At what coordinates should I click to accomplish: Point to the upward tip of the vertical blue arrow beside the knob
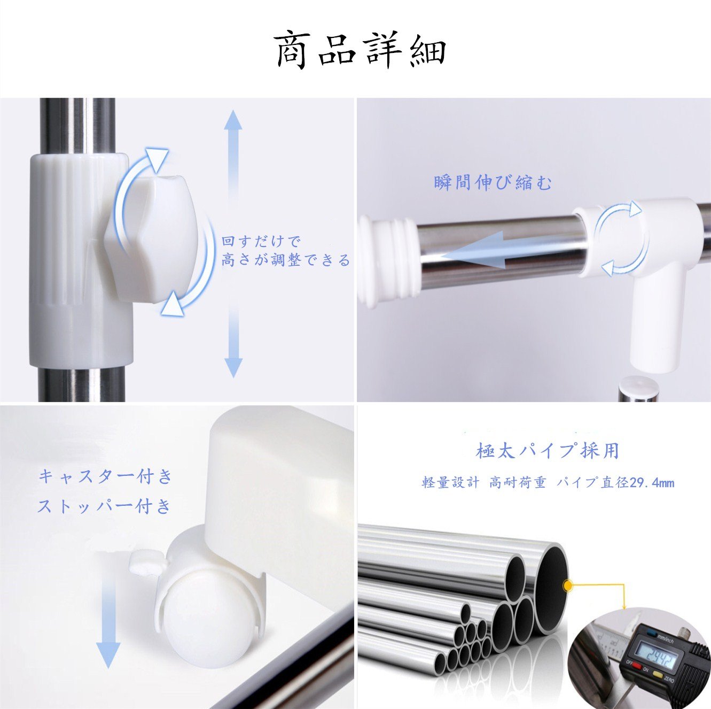click(233, 110)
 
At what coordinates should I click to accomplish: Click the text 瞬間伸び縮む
click(493, 183)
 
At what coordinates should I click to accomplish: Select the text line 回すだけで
click(261, 242)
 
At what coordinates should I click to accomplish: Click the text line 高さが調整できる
click(285, 260)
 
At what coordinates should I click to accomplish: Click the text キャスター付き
click(106, 477)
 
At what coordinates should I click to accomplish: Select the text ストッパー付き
click(104, 506)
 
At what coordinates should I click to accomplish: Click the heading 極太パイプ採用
click(547, 450)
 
